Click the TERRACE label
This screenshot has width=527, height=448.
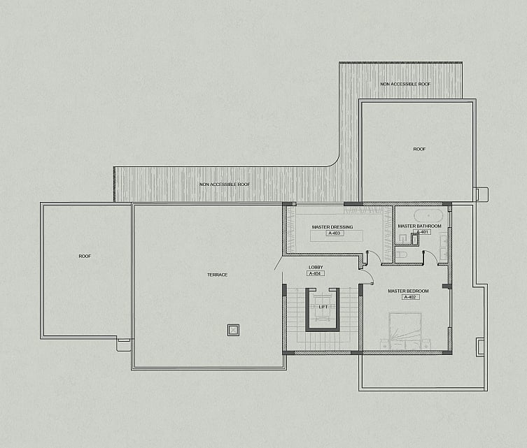tap(217, 275)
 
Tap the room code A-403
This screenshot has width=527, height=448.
tap(334, 233)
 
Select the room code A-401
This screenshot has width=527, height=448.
tap(423, 232)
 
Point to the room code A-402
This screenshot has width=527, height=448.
tap(410, 297)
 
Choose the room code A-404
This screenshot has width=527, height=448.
tap(315, 273)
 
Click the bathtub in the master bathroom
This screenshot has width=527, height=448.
tap(428, 215)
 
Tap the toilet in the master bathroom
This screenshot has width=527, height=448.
tap(401, 254)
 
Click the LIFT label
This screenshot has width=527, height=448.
tap(323, 307)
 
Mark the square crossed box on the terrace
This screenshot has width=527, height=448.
tap(233, 330)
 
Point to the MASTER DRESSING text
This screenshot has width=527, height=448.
tap(332, 227)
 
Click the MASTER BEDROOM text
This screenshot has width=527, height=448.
tap(408, 291)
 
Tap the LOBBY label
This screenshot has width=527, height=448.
tap(316, 267)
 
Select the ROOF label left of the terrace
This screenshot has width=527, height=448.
tap(85, 256)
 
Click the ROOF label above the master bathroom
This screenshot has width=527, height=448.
tap(419, 149)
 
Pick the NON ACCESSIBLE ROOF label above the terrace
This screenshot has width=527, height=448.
tap(225, 185)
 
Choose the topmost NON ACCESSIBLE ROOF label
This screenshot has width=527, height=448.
tap(405, 84)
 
